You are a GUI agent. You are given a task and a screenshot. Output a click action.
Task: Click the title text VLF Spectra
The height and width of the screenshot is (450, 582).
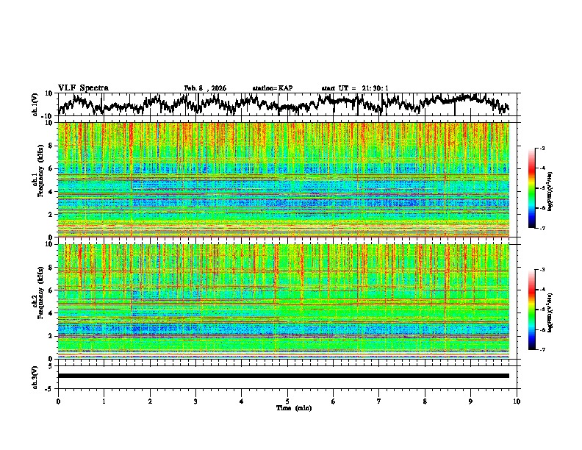pyautogui.click(x=83, y=87)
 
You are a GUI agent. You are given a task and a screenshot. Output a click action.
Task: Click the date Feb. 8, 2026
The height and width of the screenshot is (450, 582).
pyautogui.click(x=205, y=88)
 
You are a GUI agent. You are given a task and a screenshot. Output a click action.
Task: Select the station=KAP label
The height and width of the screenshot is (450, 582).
pyautogui.click(x=273, y=88)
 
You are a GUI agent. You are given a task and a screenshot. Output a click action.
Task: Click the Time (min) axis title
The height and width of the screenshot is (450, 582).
pyautogui.click(x=293, y=407)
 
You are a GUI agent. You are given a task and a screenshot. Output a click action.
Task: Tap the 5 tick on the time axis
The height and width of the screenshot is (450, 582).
pyautogui.click(x=287, y=401)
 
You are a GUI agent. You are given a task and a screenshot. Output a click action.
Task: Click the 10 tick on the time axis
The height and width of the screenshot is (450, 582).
pyautogui.click(x=517, y=401)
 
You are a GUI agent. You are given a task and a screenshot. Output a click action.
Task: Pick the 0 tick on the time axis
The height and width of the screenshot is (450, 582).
pyautogui.click(x=58, y=401)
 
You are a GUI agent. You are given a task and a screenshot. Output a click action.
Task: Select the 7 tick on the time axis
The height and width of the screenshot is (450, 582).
pyautogui.click(x=378, y=401)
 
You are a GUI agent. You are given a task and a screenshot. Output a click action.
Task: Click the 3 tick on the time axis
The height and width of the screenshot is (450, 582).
pyautogui.click(x=195, y=401)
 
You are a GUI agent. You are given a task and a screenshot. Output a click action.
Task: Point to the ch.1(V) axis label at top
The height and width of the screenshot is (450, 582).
pyautogui.click(x=35, y=104)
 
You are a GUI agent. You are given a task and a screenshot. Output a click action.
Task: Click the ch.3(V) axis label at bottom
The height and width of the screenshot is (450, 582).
pyautogui.click(x=35, y=376)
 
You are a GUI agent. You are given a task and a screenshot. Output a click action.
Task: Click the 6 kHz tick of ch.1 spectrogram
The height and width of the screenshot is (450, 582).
pyautogui.click(x=51, y=168)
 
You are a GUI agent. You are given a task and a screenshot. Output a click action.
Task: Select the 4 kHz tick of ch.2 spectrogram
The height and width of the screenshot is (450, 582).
pyautogui.click(x=51, y=313)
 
